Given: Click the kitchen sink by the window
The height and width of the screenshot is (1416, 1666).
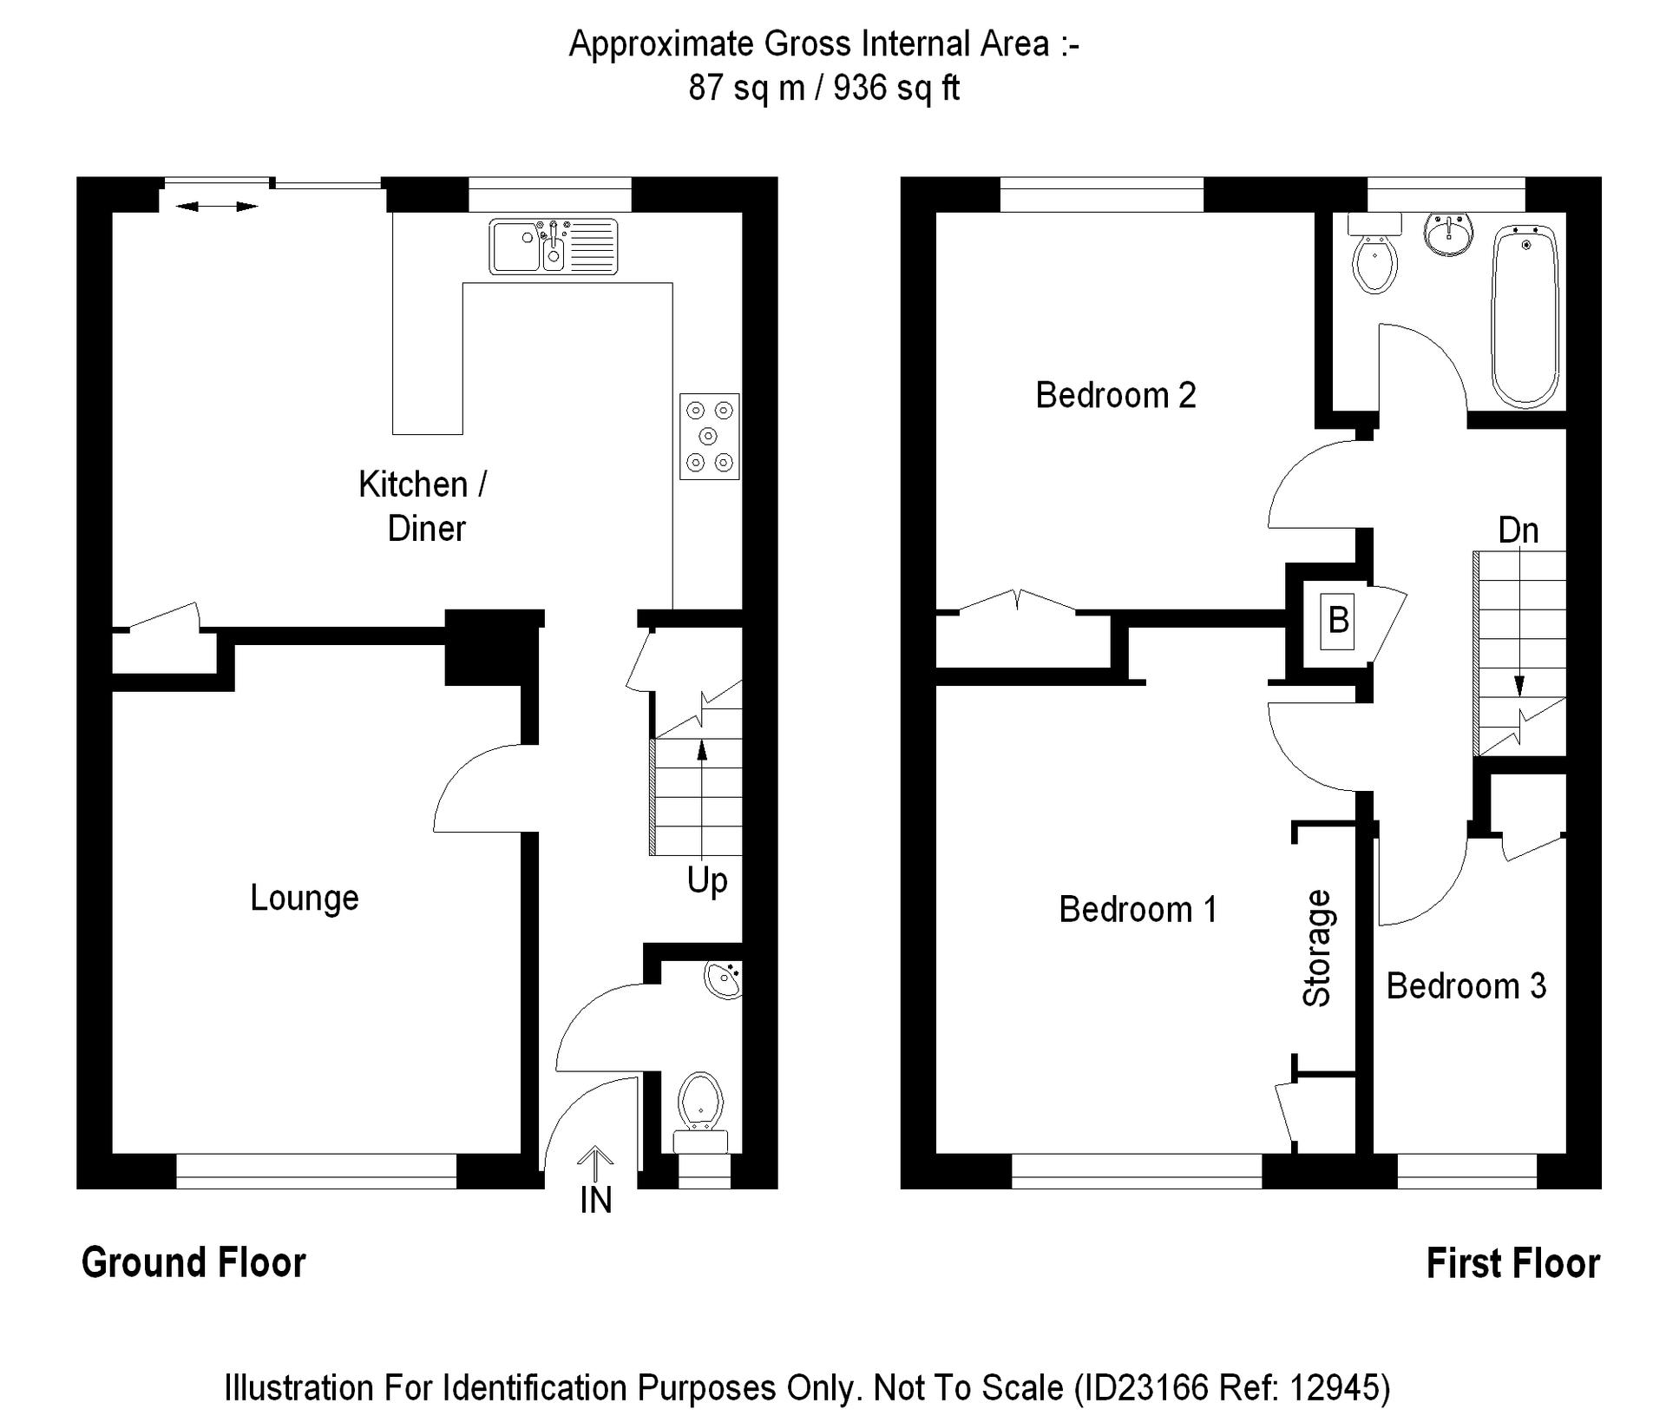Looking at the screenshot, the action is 554,247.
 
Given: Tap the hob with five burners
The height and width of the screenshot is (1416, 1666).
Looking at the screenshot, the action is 709,436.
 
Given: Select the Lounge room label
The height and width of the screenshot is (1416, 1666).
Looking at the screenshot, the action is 304,898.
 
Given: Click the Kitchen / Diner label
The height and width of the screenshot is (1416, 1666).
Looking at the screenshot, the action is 423,506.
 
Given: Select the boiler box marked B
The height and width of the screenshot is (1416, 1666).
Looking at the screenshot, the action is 1338,620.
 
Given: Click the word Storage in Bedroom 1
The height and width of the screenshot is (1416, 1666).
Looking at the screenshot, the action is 1317,948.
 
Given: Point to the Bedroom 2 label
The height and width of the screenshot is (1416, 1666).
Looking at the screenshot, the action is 1116,395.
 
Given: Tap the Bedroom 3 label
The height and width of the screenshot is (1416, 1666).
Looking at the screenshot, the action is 1466,986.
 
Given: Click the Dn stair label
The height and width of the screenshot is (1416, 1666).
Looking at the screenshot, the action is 1518,530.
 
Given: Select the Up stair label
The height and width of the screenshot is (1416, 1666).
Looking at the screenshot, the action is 706,880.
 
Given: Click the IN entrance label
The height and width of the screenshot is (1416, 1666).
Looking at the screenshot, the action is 595,1200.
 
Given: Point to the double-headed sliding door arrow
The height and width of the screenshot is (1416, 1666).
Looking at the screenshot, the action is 216,207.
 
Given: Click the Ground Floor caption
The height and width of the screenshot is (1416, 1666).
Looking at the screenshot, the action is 193,1262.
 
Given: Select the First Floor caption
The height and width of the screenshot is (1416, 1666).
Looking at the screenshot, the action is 1512,1263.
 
